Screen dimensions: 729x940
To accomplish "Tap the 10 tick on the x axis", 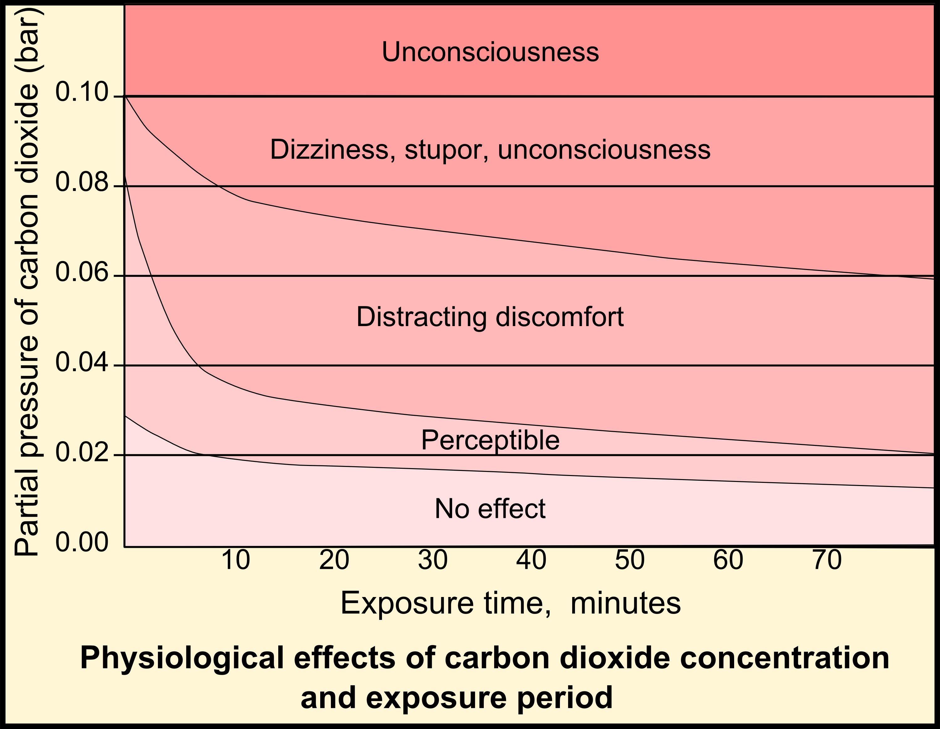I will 235,560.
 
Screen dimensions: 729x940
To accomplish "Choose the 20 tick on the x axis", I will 334,560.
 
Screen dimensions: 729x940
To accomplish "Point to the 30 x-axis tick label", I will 433,560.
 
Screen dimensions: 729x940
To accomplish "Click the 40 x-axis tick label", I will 531,560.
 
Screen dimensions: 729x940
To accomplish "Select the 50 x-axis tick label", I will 630,560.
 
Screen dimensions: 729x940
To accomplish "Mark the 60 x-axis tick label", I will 728,560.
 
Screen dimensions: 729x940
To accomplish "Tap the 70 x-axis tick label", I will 827,560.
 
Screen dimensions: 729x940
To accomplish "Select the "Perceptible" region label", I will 490,441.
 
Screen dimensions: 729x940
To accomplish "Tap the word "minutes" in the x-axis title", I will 625,603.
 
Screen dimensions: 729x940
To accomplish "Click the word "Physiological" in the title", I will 182,658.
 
